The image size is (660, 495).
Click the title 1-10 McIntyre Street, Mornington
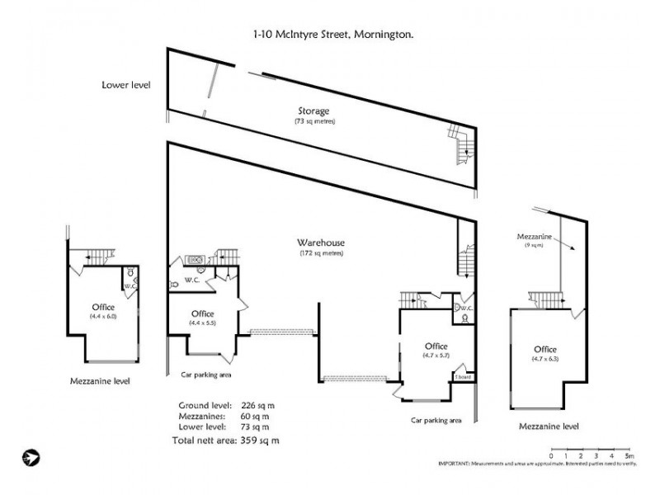333,35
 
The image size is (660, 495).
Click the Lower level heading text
126,84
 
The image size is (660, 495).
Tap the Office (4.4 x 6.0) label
104,310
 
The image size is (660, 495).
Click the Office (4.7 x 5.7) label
435,351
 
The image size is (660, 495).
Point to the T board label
462,377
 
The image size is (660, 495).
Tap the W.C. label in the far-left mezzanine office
130,286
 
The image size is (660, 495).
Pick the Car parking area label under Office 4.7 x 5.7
436,420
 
